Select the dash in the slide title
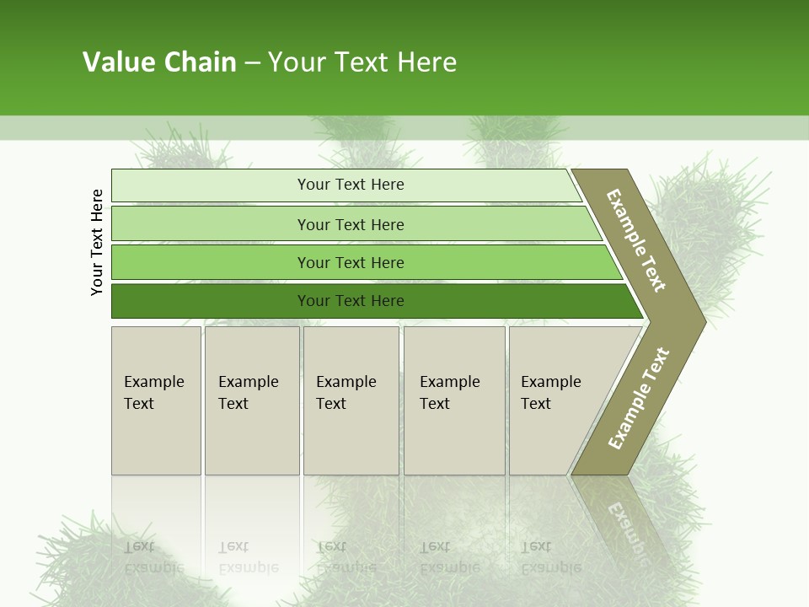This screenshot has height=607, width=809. (x=252, y=63)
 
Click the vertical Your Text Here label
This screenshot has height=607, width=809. (x=97, y=242)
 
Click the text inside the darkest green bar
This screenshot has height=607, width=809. (x=351, y=301)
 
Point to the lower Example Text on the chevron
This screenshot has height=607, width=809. (x=639, y=398)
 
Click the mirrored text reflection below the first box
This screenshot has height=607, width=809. (x=153, y=557)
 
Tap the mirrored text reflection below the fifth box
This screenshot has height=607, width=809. (x=550, y=557)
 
